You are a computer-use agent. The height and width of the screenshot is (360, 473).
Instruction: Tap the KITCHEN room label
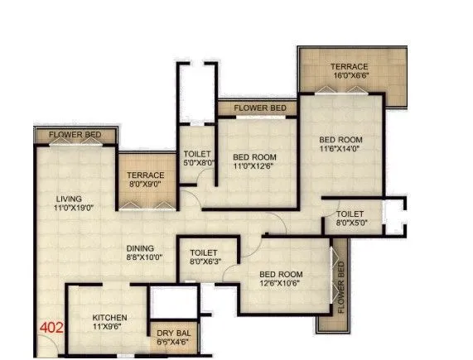109,318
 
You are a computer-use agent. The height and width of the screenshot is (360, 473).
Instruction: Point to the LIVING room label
70,199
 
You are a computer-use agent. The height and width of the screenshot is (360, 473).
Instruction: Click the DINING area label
144,247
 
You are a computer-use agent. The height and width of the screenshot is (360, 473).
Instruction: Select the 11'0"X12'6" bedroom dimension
254,167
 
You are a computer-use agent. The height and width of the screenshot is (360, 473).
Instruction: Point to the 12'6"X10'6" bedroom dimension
280,286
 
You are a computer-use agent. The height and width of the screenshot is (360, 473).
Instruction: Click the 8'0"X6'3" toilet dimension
204,263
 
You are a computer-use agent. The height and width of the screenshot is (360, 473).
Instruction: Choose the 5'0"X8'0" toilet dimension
199,164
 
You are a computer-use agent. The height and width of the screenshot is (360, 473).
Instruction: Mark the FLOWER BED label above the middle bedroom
259,108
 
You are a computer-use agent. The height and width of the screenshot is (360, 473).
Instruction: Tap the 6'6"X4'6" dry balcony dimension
172,341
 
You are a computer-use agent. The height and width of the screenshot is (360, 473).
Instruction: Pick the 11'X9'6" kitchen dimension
109,328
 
